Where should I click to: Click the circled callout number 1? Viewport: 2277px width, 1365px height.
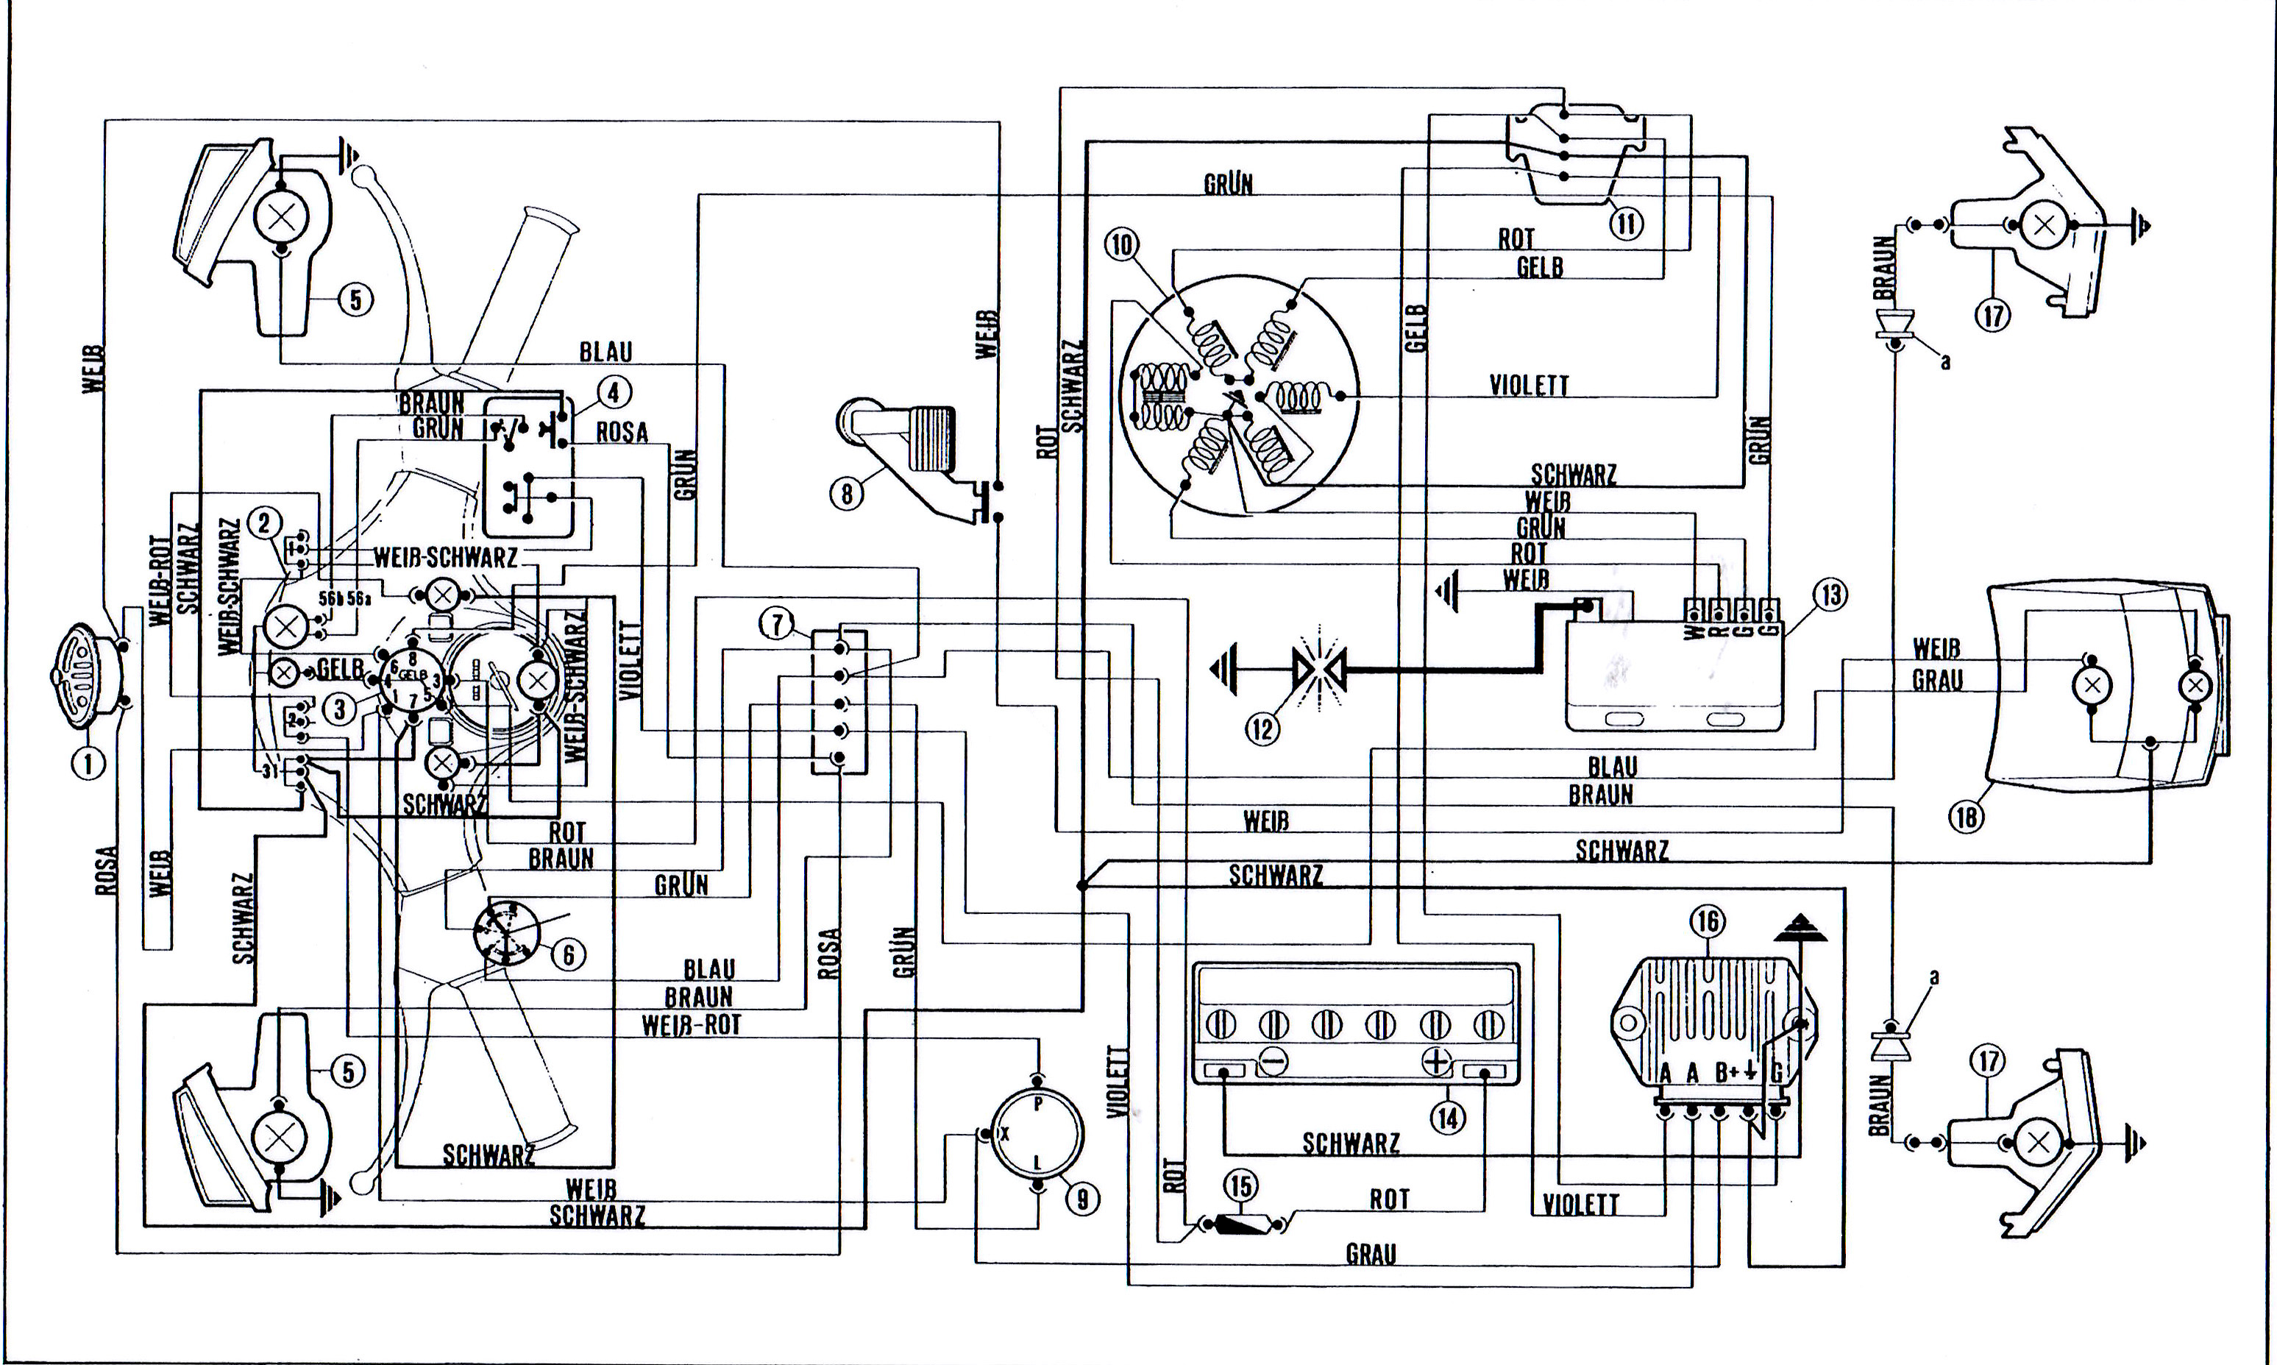89,762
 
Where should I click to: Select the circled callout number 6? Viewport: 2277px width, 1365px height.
567,955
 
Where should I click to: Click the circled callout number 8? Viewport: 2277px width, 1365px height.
847,494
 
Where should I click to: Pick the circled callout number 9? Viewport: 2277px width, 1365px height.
1082,1199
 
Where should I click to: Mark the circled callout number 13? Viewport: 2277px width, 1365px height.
1830,595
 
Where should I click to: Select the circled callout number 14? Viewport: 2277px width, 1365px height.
1449,1118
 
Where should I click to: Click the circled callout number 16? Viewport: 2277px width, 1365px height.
1708,921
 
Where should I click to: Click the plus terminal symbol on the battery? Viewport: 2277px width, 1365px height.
1435,1061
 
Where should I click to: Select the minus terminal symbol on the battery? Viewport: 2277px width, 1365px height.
1273,1061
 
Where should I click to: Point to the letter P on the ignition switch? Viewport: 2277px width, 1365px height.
1038,1105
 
